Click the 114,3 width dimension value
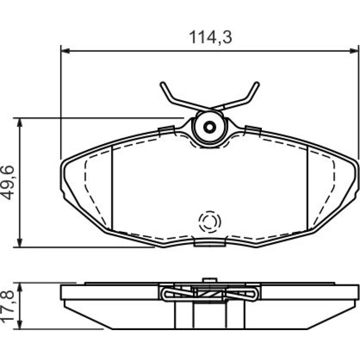click(x=210, y=37)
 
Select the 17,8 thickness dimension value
click(x=8, y=307)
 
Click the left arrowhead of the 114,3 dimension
click(x=65, y=51)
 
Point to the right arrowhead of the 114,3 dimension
click(x=353, y=51)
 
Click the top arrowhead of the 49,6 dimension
click(x=20, y=122)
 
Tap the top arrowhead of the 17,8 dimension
click(x=20, y=287)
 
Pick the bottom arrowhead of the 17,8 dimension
click(x=20, y=324)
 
